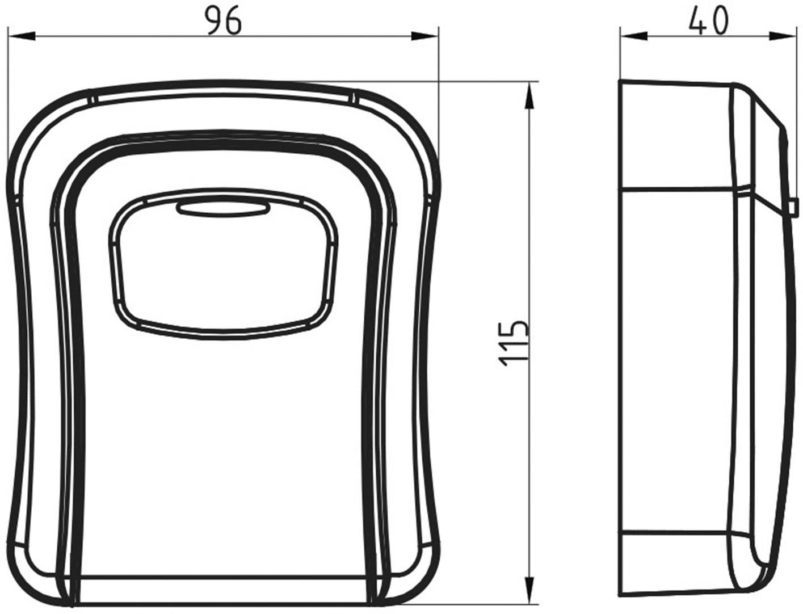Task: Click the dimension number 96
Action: [223, 21]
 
